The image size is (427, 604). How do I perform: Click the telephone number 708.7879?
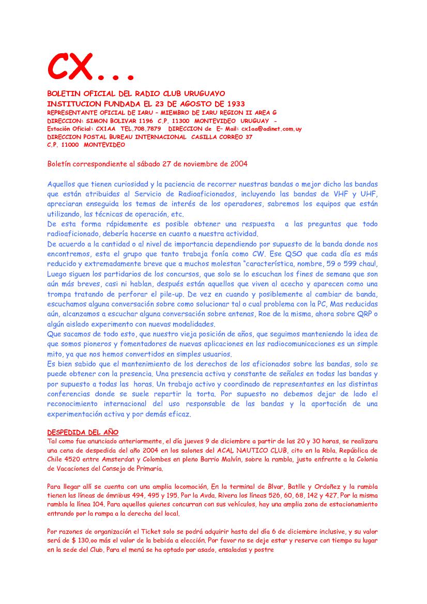[147, 129]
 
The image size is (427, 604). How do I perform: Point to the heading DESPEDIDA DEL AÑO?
[83, 431]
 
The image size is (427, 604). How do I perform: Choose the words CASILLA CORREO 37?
[222, 137]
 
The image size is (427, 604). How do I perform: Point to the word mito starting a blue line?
[54, 354]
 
